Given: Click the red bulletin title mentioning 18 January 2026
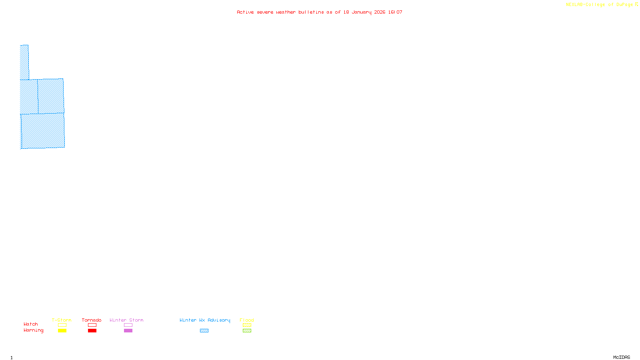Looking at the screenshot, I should (x=319, y=12).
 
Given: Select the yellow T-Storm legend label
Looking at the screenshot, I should (x=62, y=320).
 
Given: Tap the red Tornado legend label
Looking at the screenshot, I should (x=92, y=320).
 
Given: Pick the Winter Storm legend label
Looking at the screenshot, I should (x=126, y=320).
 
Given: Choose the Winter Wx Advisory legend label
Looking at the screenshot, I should (x=205, y=320).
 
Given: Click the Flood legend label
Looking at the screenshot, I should (x=247, y=320).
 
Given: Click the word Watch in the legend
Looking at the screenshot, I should (x=31, y=324).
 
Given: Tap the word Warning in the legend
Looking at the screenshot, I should (x=34, y=330).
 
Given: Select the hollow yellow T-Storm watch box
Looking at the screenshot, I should (x=62, y=325).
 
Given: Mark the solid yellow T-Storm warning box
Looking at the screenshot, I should (x=62, y=331).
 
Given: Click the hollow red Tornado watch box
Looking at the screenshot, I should (x=92, y=325).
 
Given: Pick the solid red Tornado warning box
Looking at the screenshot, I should (x=92, y=331).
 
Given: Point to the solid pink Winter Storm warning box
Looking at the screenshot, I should (x=128, y=331).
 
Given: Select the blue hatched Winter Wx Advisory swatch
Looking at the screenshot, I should (x=204, y=331).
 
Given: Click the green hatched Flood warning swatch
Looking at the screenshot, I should (x=247, y=331).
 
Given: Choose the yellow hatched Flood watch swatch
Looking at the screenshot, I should (x=247, y=325).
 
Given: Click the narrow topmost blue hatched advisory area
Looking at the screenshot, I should (x=24, y=62).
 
